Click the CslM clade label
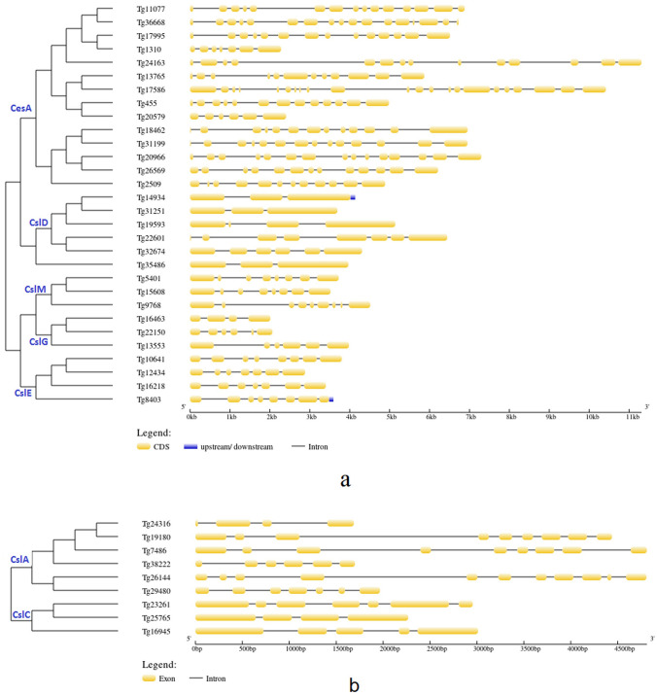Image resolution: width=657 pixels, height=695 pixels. coord(37,289)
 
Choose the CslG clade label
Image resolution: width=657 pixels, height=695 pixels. coord(39,341)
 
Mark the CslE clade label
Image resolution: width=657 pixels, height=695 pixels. coord(23,392)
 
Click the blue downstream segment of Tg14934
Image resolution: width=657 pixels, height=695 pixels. coord(353,197)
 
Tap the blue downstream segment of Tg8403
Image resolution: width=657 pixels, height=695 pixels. coord(331,399)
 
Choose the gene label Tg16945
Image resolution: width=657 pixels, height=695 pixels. coord(156,630)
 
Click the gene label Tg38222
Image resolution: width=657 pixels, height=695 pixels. coord(156,564)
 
